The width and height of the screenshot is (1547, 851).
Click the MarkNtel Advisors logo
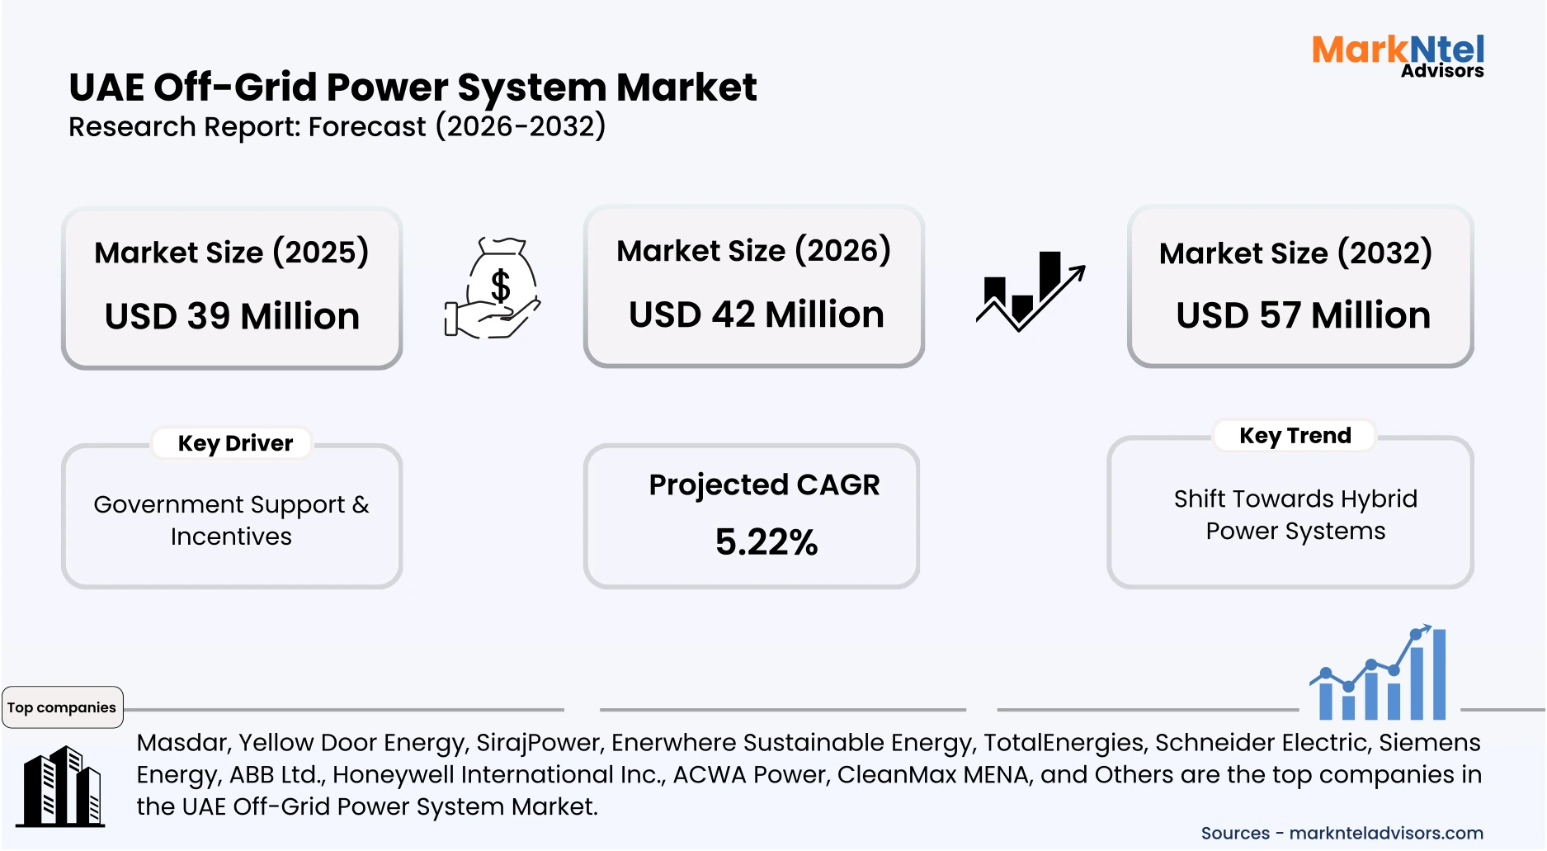1398,56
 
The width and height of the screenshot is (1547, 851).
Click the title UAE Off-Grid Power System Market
413,87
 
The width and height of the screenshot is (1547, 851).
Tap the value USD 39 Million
232,316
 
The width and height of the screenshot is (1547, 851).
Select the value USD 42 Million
756,314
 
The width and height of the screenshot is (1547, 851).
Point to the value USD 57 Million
1303,315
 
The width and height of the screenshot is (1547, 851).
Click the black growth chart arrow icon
1031,291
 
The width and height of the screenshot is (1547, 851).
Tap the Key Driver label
235,443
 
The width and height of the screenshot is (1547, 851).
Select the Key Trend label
1295,436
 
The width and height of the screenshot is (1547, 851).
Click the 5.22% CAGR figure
766,542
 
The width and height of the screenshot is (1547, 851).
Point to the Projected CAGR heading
764,485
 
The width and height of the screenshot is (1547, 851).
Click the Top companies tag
62,707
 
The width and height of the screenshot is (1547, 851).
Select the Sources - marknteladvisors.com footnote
1342,833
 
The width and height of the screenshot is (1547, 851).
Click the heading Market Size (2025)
231,253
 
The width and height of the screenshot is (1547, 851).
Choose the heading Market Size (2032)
1295,253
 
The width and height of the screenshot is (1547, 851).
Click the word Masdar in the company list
182,743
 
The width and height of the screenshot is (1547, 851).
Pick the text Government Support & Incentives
231,520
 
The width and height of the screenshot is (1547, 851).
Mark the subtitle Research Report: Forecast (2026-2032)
337,127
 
